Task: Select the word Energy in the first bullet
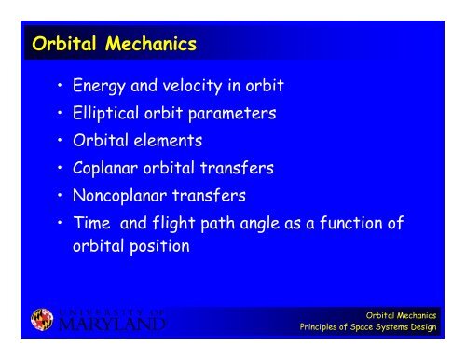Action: (103, 89)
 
